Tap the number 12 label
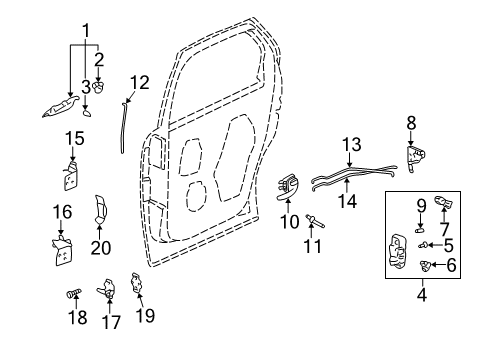[x=138, y=82]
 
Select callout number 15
[x=75, y=137]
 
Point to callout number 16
[x=62, y=212]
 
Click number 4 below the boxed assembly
[x=421, y=294]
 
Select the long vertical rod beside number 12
[x=122, y=125]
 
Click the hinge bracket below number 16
[x=63, y=250]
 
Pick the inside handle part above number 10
[x=290, y=186]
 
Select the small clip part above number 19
[x=137, y=283]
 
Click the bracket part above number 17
[x=109, y=290]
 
